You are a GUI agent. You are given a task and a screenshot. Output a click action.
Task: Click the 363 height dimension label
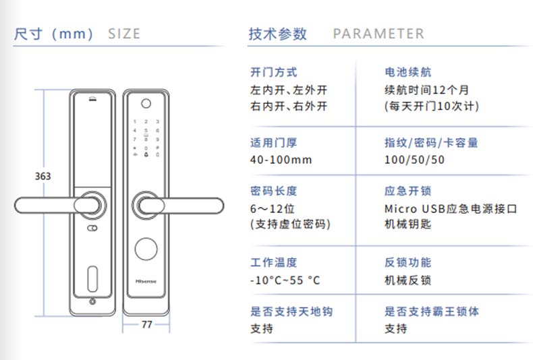[43, 177]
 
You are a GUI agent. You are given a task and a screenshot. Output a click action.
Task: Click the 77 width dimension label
[146, 324]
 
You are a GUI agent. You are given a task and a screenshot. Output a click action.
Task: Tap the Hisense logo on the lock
[146, 277]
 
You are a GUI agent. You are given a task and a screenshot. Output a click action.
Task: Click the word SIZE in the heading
[124, 34]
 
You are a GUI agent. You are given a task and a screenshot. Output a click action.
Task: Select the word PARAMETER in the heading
[378, 34]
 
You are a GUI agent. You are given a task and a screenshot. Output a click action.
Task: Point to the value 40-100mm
[281, 160]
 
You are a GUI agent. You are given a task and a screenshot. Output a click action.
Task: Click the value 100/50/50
[415, 160]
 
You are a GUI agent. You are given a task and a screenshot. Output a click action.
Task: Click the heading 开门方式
[273, 72]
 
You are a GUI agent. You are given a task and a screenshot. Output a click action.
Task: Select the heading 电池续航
[408, 72]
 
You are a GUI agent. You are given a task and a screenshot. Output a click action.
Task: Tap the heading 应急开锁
[408, 191]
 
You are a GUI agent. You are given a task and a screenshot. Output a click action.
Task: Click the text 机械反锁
[408, 280]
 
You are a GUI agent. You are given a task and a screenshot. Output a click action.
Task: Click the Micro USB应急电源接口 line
[451, 208]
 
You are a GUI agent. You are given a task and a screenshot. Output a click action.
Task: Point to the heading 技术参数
[277, 34]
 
